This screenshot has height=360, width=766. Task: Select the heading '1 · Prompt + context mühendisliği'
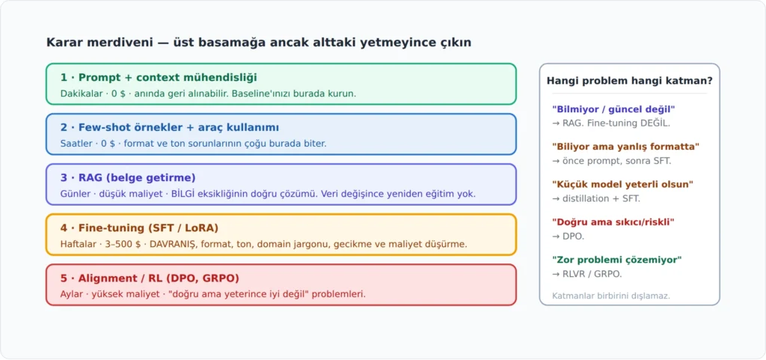(x=159, y=78)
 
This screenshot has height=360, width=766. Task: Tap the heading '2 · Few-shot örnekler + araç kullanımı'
(x=170, y=128)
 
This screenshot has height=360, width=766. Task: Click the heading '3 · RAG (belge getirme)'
(x=128, y=178)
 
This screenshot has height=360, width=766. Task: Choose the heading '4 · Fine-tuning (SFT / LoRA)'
(x=139, y=228)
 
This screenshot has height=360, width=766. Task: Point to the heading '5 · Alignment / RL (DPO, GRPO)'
(x=150, y=278)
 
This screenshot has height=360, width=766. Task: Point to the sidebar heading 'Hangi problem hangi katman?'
(x=630, y=81)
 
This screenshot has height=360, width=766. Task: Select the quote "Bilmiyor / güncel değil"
(x=613, y=109)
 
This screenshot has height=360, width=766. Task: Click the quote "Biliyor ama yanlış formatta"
(x=626, y=147)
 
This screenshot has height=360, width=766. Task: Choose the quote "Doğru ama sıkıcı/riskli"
(x=613, y=222)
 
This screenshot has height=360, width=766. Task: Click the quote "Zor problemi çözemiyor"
(x=617, y=260)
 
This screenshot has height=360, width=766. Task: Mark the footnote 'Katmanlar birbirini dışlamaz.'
(x=611, y=296)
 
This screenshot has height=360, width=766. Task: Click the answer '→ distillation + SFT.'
(x=596, y=199)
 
